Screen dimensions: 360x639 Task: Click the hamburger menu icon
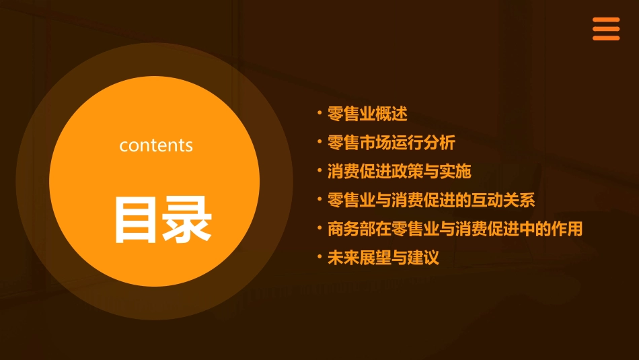[605, 29]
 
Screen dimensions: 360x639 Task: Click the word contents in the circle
[156, 145]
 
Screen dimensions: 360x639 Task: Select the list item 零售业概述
[367, 114]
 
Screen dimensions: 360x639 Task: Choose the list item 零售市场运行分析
[391, 143]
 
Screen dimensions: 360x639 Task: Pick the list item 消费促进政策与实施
[399, 172]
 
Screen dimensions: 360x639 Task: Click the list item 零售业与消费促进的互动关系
[431, 201]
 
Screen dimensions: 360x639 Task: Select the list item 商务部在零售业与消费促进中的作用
[455, 229]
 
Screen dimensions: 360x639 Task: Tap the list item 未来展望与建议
[383, 258]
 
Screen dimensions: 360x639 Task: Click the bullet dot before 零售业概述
[319, 112]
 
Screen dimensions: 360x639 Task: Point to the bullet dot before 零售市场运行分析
[319, 141]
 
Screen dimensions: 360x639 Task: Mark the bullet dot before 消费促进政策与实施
[319, 170]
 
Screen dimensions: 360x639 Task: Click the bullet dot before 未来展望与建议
[319, 256]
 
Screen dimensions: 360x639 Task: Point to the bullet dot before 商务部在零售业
[319, 227]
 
